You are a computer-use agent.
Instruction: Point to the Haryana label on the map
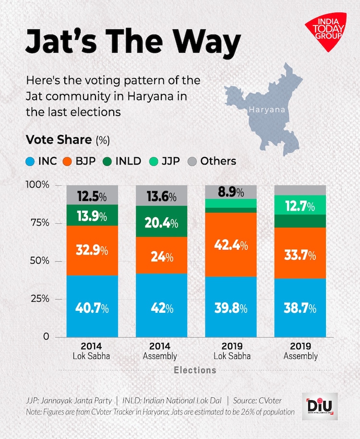pos(267,110)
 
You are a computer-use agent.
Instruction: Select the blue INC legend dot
pos(31,161)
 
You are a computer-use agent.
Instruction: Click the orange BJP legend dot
pos(68,161)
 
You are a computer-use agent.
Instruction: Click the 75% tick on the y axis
pos(50,223)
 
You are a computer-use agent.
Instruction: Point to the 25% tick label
pos(50,299)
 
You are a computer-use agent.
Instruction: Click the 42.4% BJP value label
pos(230,246)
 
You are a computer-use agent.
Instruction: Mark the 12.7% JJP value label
pos(300,207)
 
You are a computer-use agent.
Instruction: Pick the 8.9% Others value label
pos(231,192)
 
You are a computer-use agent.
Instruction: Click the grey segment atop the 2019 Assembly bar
pos(300,190)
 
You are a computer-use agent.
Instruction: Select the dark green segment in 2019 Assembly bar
pos(300,221)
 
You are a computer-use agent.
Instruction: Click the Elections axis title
pos(195,370)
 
